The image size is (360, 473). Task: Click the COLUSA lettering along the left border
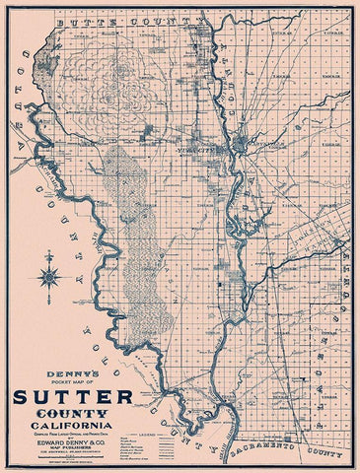click(x=29, y=128)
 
